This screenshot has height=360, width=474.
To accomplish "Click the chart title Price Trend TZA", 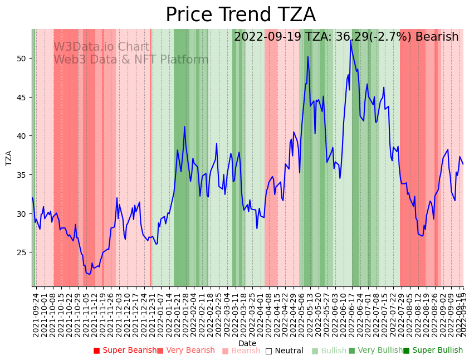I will coord(241,15).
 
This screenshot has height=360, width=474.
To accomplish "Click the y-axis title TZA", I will coord(8,158).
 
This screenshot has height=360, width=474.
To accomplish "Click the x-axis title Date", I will coord(247,343).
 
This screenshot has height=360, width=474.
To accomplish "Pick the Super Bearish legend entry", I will coord(125,351).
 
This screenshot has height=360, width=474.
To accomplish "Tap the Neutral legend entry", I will coord(285,351).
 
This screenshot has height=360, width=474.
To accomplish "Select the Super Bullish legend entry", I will coord(433,351).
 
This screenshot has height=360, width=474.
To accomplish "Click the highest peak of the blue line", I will coord(351,41).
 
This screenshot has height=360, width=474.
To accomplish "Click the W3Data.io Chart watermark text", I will coord(101,47).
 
